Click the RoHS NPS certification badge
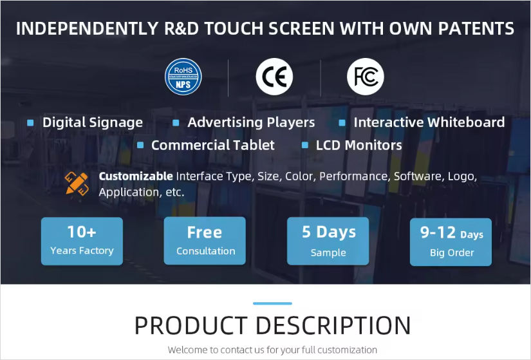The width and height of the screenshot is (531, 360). [x=183, y=77]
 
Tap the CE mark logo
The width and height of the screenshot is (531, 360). [x=274, y=77]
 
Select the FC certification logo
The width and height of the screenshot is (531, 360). [x=366, y=77]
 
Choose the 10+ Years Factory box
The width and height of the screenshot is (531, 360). [x=82, y=241]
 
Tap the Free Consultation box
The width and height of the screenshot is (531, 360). [x=205, y=241]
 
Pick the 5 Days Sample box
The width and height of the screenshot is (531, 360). [x=328, y=241]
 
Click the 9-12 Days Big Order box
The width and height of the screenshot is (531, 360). [x=451, y=241]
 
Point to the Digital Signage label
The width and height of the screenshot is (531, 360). [x=93, y=122]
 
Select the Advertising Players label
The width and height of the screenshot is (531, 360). [x=251, y=122]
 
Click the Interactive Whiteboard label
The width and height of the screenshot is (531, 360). [x=429, y=122]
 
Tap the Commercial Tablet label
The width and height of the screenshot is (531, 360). [x=212, y=146]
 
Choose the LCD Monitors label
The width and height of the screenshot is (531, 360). [x=359, y=146]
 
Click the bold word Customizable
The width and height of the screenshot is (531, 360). [x=136, y=176]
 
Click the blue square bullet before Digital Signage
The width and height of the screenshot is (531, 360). [x=30, y=122]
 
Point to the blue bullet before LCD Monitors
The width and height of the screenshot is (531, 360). [x=304, y=146]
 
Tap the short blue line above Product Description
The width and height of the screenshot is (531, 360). [x=272, y=303]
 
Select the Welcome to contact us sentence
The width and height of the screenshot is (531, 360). [x=272, y=350]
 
